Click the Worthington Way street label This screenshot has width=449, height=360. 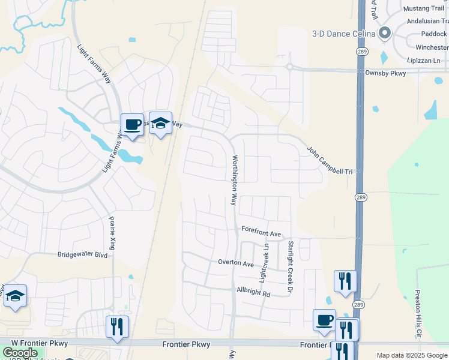pyautogui.click(x=235, y=181)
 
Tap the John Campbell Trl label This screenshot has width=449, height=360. pyautogui.click(x=330, y=160)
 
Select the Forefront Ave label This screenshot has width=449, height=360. pyautogui.click(x=261, y=232)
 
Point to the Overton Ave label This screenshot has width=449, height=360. pyautogui.click(x=236, y=263)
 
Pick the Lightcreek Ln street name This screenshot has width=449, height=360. pyautogui.click(x=264, y=263)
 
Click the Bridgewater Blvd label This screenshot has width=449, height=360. pyautogui.click(x=82, y=254)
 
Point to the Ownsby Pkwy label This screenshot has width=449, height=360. pyautogui.click(x=385, y=73)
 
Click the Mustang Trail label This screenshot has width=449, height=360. pyautogui.click(x=424, y=8)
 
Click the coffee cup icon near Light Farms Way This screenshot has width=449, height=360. pyautogui.click(x=133, y=125)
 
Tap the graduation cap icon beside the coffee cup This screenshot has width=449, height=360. pyautogui.click(x=160, y=123)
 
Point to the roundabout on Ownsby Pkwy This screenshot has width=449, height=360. pyautogui.click(x=289, y=67)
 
